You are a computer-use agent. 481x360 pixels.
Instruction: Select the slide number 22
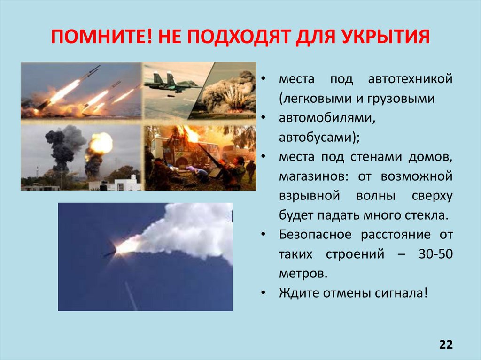(x=446, y=345)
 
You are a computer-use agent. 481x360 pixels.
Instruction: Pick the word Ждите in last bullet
(x=293, y=293)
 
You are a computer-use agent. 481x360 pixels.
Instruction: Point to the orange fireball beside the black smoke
(x=100, y=144)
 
